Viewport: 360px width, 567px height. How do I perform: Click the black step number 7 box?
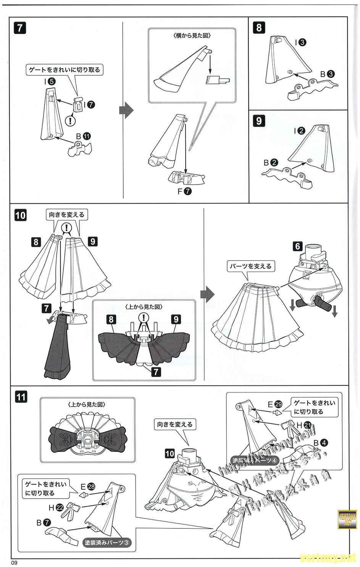(x=19, y=28)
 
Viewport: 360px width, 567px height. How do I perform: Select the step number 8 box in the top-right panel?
(x=259, y=28)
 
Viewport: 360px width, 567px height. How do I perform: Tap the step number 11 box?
(x=21, y=397)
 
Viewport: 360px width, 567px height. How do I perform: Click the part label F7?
(x=184, y=192)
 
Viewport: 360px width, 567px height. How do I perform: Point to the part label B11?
(x=83, y=136)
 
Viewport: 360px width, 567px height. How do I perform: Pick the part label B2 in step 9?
(x=270, y=162)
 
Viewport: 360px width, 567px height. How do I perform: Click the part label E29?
(x=274, y=404)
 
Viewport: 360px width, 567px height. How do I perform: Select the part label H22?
(x=56, y=508)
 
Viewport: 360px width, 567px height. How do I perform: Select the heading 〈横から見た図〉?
(x=192, y=36)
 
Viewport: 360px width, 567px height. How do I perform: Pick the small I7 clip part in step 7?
(x=79, y=104)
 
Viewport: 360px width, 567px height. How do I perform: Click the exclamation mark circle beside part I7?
(x=70, y=121)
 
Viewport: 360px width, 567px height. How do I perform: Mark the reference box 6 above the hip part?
(x=298, y=246)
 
